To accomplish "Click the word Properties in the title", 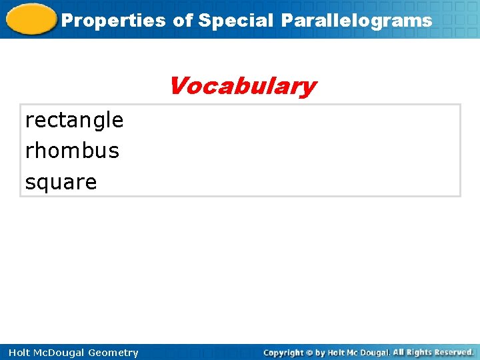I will click(x=113, y=21).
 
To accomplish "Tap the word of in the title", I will click(x=183, y=21).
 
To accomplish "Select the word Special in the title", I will click(x=236, y=21).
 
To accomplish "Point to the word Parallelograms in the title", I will click(x=356, y=21).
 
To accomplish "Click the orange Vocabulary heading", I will click(x=242, y=86).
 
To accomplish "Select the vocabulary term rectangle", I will click(x=74, y=120).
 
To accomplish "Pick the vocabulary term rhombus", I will click(x=72, y=151).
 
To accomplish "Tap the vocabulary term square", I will click(x=61, y=182).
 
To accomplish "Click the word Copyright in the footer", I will click(x=283, y=353).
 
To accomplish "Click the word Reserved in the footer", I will click(x=455, y=352).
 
